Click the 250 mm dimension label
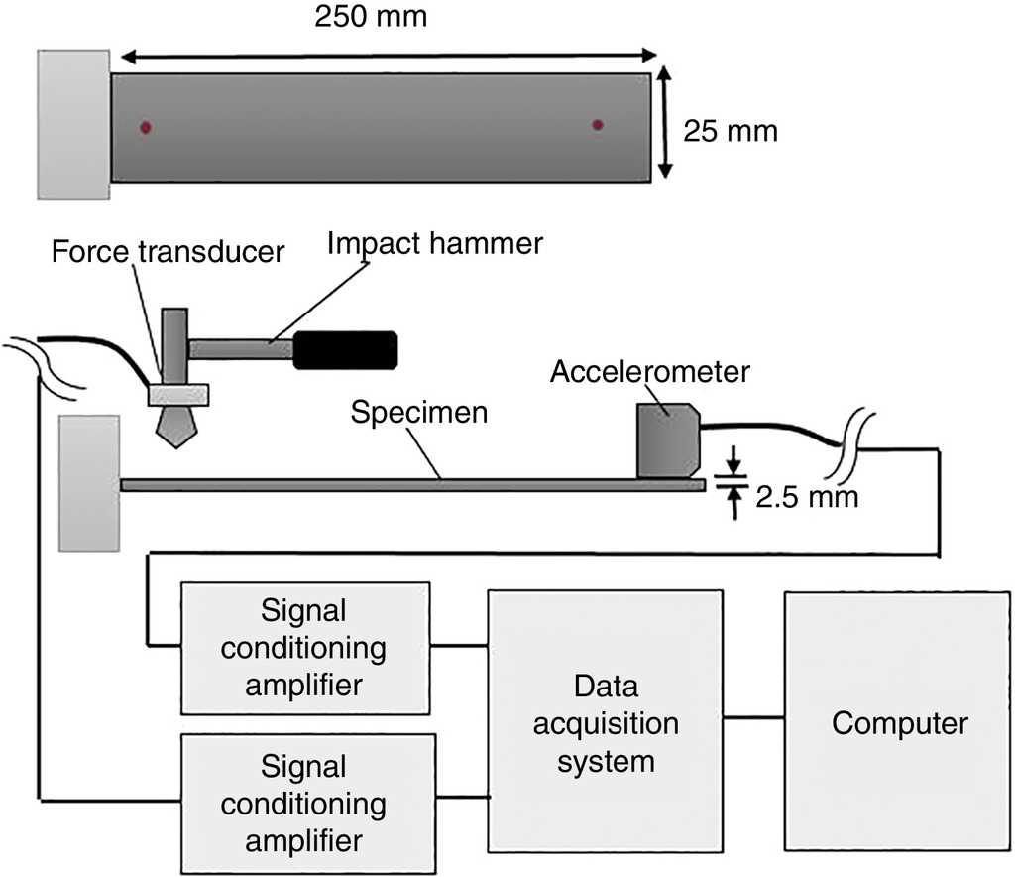[371, 17]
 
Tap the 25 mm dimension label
[731, 130]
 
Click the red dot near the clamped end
[145, 126]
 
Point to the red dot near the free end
[597, 124]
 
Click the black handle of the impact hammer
[345, 348]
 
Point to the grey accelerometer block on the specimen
[667, 439]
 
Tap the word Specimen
[419, 412]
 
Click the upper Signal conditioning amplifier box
[304, 648]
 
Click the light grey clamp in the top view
[73, 123]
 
